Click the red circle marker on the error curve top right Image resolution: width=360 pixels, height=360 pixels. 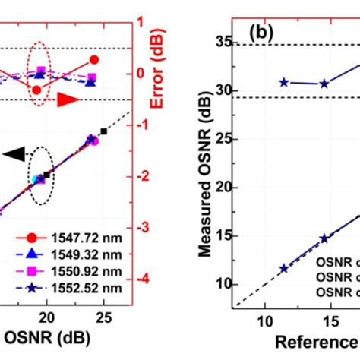click(x=94, y=59)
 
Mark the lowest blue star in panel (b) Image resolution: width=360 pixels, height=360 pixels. click(x=283, y=268)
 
